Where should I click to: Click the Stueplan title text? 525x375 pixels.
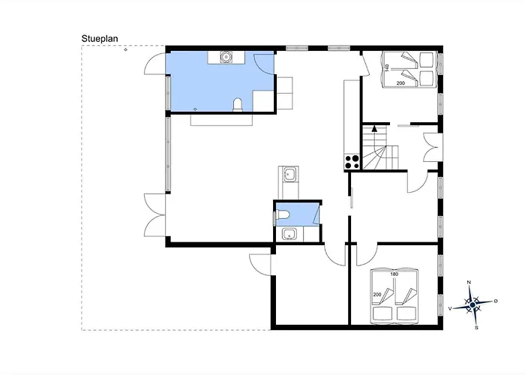[100, 39]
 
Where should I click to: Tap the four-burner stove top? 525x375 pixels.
[352, 162]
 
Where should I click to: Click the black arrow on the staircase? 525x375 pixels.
[374, 127]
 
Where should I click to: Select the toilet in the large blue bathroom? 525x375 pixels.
[238, 104]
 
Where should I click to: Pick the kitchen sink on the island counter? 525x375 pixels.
[289, 174]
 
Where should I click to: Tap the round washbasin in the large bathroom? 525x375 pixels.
[226, 57]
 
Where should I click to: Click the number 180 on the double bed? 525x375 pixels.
[394, 274]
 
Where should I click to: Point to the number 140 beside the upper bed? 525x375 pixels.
[387, 68]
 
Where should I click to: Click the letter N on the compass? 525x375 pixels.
[469, 283]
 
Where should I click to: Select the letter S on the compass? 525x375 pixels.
[476, 328]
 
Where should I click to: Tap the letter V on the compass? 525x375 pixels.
[451, 308]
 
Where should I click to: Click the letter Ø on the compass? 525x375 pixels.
[496, 301]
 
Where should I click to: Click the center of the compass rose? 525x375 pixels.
[472, 305]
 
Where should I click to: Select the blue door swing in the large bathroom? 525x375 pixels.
[264, 64]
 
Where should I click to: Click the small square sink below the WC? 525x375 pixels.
[289, 234]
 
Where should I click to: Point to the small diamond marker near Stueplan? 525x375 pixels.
[125, 49]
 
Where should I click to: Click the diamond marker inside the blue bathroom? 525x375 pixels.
[195, 109]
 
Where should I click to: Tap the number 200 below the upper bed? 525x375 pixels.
[400, 83]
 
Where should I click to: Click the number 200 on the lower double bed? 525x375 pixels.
[377, 295]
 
